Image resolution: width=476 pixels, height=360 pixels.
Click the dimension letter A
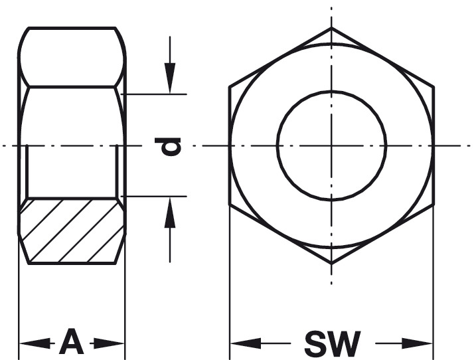(72, 341)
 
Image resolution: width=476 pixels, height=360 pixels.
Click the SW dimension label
(333, 343)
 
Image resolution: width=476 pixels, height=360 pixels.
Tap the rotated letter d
(168, 146)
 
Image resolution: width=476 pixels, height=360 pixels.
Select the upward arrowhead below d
(170, 213)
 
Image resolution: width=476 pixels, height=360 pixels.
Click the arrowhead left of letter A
(35, 343)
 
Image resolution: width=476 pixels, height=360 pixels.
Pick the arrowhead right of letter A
(109, 343)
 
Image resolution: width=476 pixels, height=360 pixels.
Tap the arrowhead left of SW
(246, 343)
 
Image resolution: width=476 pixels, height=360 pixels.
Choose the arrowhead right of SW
(417, 343)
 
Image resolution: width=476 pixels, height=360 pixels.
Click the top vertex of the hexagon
(331, 28)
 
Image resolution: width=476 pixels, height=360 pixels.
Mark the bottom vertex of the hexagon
(331, 264)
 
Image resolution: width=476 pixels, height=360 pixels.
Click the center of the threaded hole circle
(331, 146)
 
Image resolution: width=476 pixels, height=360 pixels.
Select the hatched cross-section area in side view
(72, 230)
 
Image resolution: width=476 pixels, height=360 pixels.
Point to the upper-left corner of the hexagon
(230, 87)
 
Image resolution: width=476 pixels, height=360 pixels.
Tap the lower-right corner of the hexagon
(434, 205)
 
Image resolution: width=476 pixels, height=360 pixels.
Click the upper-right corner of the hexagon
(434, 87)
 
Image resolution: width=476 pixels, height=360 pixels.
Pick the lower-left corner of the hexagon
(230, 205)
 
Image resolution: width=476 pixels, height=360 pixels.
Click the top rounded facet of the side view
(72, 57)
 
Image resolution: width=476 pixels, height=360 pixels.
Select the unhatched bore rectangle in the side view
(72, 171)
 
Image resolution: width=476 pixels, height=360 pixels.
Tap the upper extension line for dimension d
(153, 94)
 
